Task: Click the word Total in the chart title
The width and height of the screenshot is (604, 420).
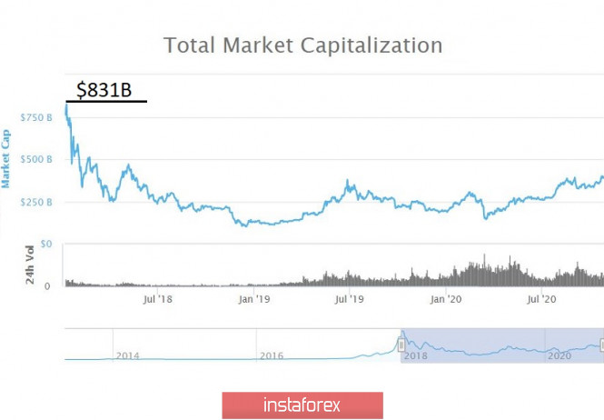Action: coord(190,44)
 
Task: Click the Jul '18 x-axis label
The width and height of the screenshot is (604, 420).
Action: coord(159,297)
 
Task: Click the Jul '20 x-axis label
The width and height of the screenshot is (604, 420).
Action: coord(542,297)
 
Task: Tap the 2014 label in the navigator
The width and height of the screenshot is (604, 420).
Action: coord(127,355)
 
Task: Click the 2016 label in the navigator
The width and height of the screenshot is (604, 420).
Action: coord(271,355)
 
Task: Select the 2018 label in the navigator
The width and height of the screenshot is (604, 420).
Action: coord(416,355)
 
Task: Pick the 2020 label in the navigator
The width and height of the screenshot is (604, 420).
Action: coord(558,355)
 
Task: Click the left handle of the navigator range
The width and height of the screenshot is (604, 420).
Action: coord(401,345)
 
